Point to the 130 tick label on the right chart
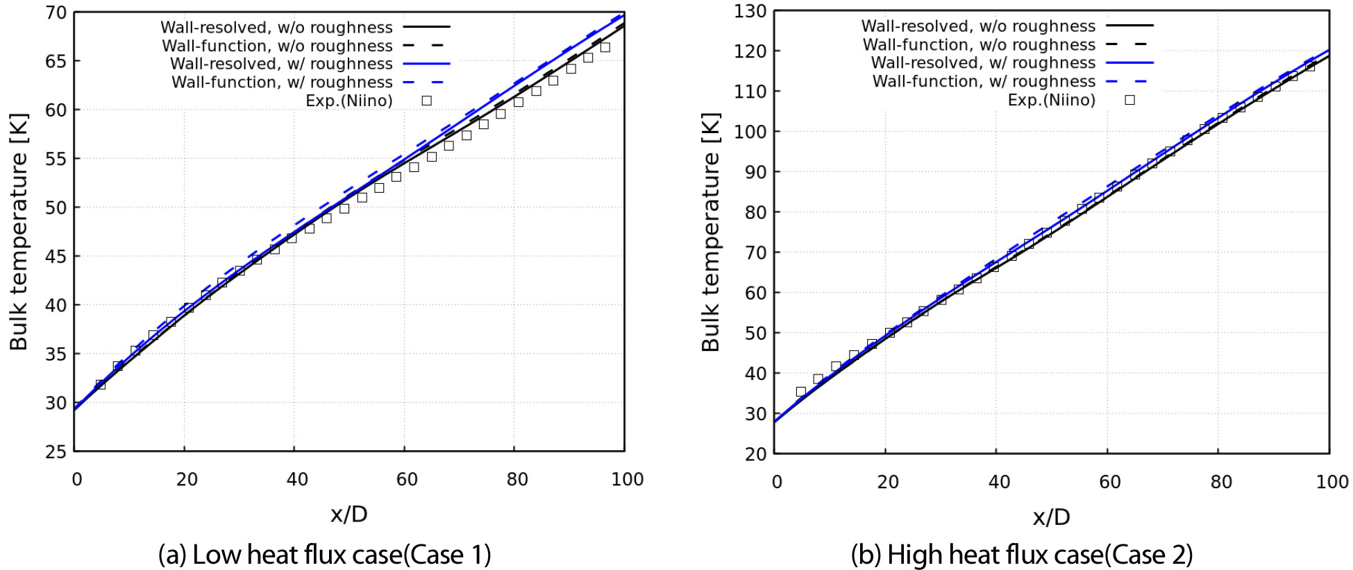pos(752,11)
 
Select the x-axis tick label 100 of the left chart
pos(628,480)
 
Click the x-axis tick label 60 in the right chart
pos(1110,482)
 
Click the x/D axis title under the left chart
pos(349,515)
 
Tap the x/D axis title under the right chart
pos(1051,517)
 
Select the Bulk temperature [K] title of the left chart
pos(19,232)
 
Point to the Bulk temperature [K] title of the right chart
pos(711,232)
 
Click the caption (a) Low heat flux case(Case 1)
pos(325,555)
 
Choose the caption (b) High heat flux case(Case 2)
pos(1022,555)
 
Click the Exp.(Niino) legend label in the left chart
pos(349,101)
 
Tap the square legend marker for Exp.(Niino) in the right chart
pos(1129,100)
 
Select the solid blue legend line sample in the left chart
pos(427,64)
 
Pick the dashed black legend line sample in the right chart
pos(1129,44)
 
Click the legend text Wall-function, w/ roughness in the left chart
pos(282,83)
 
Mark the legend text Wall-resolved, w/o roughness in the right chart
pos(978,26)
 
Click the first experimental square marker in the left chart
pos(100,384)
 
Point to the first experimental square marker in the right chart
pos(800,392)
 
